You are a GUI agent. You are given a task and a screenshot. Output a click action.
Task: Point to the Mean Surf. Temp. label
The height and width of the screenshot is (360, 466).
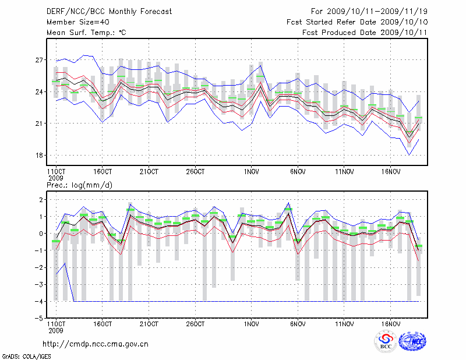[x=86, y=32]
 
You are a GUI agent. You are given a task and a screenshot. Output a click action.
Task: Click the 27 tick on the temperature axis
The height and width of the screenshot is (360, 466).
[x=40, y=60]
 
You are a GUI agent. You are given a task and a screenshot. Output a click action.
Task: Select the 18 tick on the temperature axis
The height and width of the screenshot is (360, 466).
[x=40, y=156]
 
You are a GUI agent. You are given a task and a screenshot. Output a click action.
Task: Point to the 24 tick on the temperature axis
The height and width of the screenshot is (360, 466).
[x=40, y=92]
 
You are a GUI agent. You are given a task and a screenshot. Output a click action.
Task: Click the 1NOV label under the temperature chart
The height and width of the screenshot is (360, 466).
[x=252, y=171]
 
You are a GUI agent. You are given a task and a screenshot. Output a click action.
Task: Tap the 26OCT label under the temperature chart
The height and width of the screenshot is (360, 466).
[x=195, y=171]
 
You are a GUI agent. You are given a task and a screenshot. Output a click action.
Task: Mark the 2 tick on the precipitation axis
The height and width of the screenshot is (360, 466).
[x=41, y=200]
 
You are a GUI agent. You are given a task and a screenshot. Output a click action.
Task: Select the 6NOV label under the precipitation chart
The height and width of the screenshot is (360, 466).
[x=298, y=323]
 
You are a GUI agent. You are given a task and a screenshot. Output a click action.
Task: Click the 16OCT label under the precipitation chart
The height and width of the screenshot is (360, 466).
[x=102, y=323]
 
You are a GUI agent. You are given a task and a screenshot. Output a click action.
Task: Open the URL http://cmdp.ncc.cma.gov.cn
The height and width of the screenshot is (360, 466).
[x=96, y=344]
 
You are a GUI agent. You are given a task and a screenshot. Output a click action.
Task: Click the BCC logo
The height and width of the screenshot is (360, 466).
[x=386, y=342]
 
